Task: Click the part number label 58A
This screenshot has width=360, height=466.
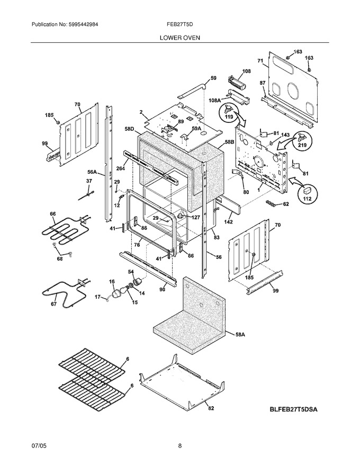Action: [240, 335]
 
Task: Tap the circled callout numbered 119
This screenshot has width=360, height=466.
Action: [229, 113]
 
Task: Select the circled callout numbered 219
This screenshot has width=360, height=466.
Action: [303, 141]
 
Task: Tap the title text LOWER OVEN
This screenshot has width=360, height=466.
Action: [179, 38]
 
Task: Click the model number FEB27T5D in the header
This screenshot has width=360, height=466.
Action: [179, 24]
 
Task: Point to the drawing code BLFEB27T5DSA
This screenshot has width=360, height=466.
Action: [293, 409]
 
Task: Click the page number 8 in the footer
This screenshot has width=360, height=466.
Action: [179, 445]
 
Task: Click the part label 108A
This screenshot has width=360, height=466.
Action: [215, 101]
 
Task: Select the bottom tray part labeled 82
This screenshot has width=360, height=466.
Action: [181, 380]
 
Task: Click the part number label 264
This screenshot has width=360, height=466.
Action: [121, 168]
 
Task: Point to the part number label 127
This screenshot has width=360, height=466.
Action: [195, 218]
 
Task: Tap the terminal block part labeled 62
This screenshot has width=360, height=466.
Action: [270, 203]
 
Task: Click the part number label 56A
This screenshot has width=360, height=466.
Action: [92, 172]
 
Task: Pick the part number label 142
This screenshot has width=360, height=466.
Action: [228, 222]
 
